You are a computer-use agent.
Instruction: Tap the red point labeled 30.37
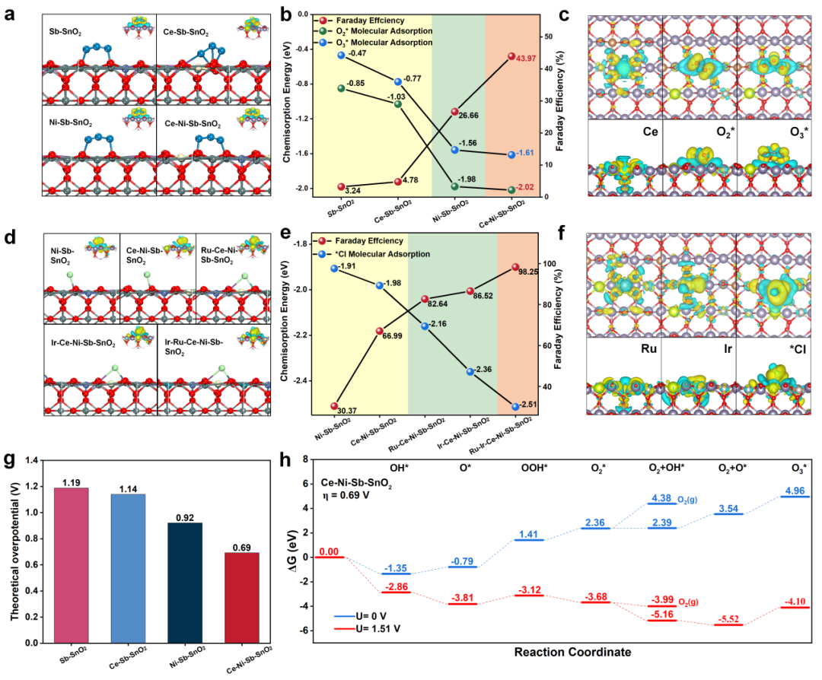333,406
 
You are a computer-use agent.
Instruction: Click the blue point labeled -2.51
516,407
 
